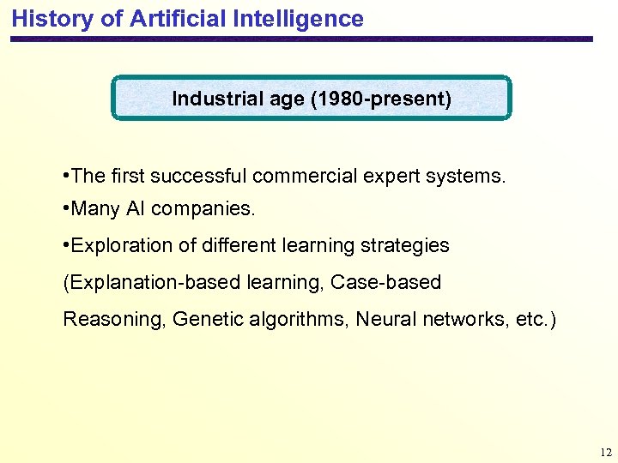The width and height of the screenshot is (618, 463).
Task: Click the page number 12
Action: tap(606, 452)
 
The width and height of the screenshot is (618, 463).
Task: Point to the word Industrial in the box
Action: tap(212, 99)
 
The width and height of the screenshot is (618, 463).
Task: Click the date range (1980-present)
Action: tap(382, 99)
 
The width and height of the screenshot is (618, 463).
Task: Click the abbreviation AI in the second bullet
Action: tap(136, 209)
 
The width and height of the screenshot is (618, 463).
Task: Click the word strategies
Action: tap(409, 246)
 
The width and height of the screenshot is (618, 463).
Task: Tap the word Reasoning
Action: tap(114, 320)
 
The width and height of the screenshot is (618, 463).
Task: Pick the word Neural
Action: tap(385, 320)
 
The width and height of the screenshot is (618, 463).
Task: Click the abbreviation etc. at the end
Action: tap(536, 320)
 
